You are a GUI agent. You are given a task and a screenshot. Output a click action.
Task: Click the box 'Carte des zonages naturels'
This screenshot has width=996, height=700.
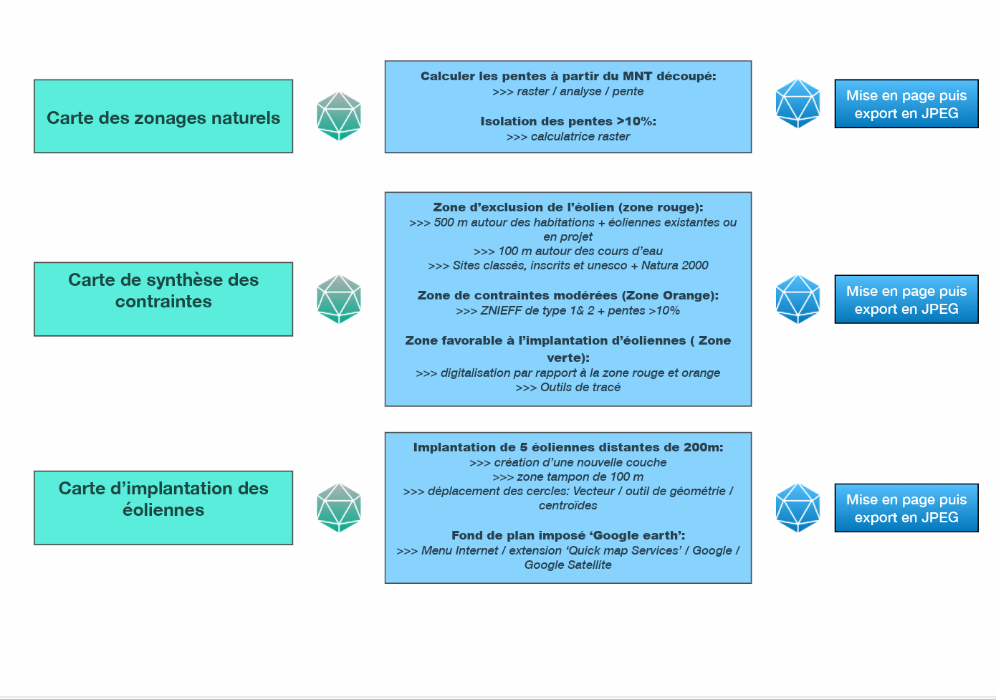coord(163,116)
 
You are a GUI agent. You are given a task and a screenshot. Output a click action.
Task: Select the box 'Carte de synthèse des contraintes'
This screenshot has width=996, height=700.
coord(163,299)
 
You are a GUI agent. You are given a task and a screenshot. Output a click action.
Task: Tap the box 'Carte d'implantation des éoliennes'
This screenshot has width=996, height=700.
coord(163,507)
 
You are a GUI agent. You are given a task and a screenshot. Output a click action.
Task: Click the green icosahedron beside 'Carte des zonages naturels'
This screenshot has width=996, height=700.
coord(339,116)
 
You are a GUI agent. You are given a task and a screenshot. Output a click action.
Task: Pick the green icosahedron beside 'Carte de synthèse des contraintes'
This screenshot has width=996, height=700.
coord(339,299)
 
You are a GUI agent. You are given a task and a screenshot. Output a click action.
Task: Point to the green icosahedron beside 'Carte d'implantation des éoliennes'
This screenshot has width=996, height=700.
coord(339,507)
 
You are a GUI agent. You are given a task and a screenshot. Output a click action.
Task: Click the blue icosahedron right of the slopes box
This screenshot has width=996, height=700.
coord(798,104)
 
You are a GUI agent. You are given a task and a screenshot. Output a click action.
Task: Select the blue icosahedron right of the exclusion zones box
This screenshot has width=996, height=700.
coord(798,299)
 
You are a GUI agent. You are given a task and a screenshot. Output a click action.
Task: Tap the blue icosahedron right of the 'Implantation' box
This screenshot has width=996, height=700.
coord(798,507)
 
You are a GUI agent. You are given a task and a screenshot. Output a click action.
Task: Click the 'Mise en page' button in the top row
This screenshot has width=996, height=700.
coord(906,104)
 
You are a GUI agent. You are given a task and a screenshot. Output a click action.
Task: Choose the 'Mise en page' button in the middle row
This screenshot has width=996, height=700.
coord(906,299)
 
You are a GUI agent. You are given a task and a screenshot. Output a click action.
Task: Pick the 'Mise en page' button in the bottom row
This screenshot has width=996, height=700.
coord(906,508)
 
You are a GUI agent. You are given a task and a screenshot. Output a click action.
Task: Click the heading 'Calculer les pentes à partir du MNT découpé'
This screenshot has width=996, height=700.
coord(568,76)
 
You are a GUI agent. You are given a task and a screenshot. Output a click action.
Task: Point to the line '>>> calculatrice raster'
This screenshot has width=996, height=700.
coord(568,136)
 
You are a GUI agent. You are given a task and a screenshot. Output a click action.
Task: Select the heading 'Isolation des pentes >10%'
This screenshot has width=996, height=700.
coord(568,121)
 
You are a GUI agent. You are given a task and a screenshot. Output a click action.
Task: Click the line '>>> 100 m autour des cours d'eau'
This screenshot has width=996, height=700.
coord(568,251)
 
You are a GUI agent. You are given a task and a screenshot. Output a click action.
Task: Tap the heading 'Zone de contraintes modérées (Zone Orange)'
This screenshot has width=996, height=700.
coord(568,295)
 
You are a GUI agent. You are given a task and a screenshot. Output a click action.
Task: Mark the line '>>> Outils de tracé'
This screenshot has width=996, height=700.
coord(568,387)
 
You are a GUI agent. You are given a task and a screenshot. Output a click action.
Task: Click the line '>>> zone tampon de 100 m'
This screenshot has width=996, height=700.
coord(568,476)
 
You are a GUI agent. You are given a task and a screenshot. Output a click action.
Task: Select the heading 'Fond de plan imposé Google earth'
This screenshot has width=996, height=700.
coord(568,535)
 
